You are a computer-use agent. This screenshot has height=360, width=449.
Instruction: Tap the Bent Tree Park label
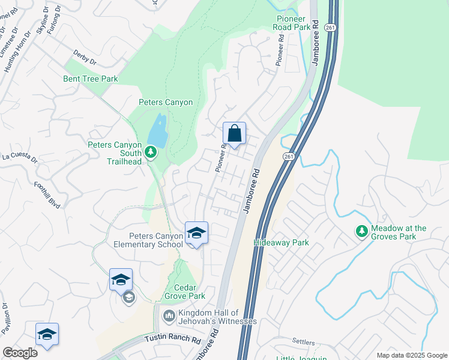pos(91,79)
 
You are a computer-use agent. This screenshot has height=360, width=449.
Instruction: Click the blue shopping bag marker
pos(234,133)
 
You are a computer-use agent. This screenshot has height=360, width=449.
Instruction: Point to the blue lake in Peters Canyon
pos(158,131)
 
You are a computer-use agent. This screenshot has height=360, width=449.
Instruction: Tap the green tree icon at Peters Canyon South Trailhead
pos(151,154)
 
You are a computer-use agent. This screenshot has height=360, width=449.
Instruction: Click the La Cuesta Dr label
pos(20,158)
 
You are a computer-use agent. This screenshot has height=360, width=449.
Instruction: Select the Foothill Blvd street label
pos(47,195)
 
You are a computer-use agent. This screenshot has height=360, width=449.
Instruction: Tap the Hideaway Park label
pos(281,243)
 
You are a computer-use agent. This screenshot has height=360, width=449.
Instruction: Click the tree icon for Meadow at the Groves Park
pos(362,231)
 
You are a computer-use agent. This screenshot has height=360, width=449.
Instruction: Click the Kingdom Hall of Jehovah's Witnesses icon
pos(169,315)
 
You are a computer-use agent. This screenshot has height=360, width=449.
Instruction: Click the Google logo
pos(20,353)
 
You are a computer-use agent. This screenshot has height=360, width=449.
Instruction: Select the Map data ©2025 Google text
pos(411,355)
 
